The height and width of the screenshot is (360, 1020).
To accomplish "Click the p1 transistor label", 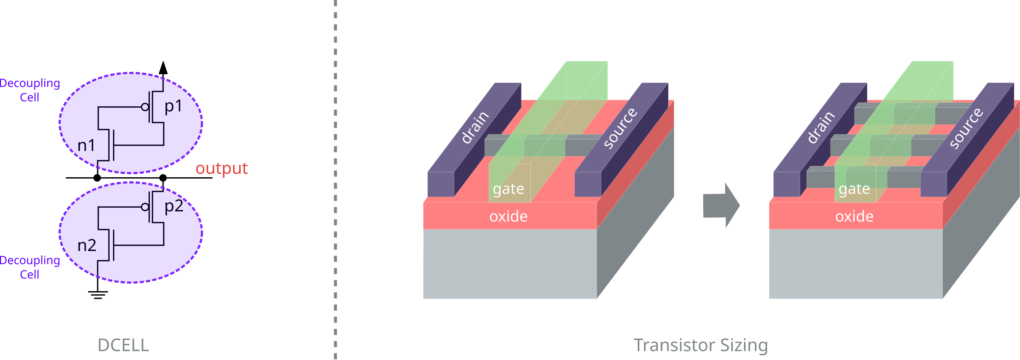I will tap(173, 106).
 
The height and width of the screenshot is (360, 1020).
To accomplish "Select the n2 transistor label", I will tap(87, 245).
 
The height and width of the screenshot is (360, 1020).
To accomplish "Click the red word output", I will tap(221, 168).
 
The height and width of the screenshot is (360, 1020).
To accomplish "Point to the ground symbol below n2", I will tap(98, 294).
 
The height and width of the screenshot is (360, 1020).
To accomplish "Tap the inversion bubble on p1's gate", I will tap(145, 107).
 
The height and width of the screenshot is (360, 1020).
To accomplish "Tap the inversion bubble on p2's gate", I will tap(145, 207).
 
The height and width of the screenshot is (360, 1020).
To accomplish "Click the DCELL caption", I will tap(123, 345).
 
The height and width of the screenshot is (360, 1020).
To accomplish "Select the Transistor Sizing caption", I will tap(701, 345).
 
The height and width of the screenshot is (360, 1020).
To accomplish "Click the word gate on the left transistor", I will tap(508, 189).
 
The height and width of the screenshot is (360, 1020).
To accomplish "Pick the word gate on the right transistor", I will tap(854, 189).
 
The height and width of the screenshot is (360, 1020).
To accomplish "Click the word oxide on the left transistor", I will tap(508, 216).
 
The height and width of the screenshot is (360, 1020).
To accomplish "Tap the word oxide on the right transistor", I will tap(854, 216).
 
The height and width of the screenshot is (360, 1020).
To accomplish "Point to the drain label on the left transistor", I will tap(475, 127).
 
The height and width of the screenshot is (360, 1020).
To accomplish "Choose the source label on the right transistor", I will tap(966, 128).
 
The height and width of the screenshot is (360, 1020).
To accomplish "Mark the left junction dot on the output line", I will tap(97, 178).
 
